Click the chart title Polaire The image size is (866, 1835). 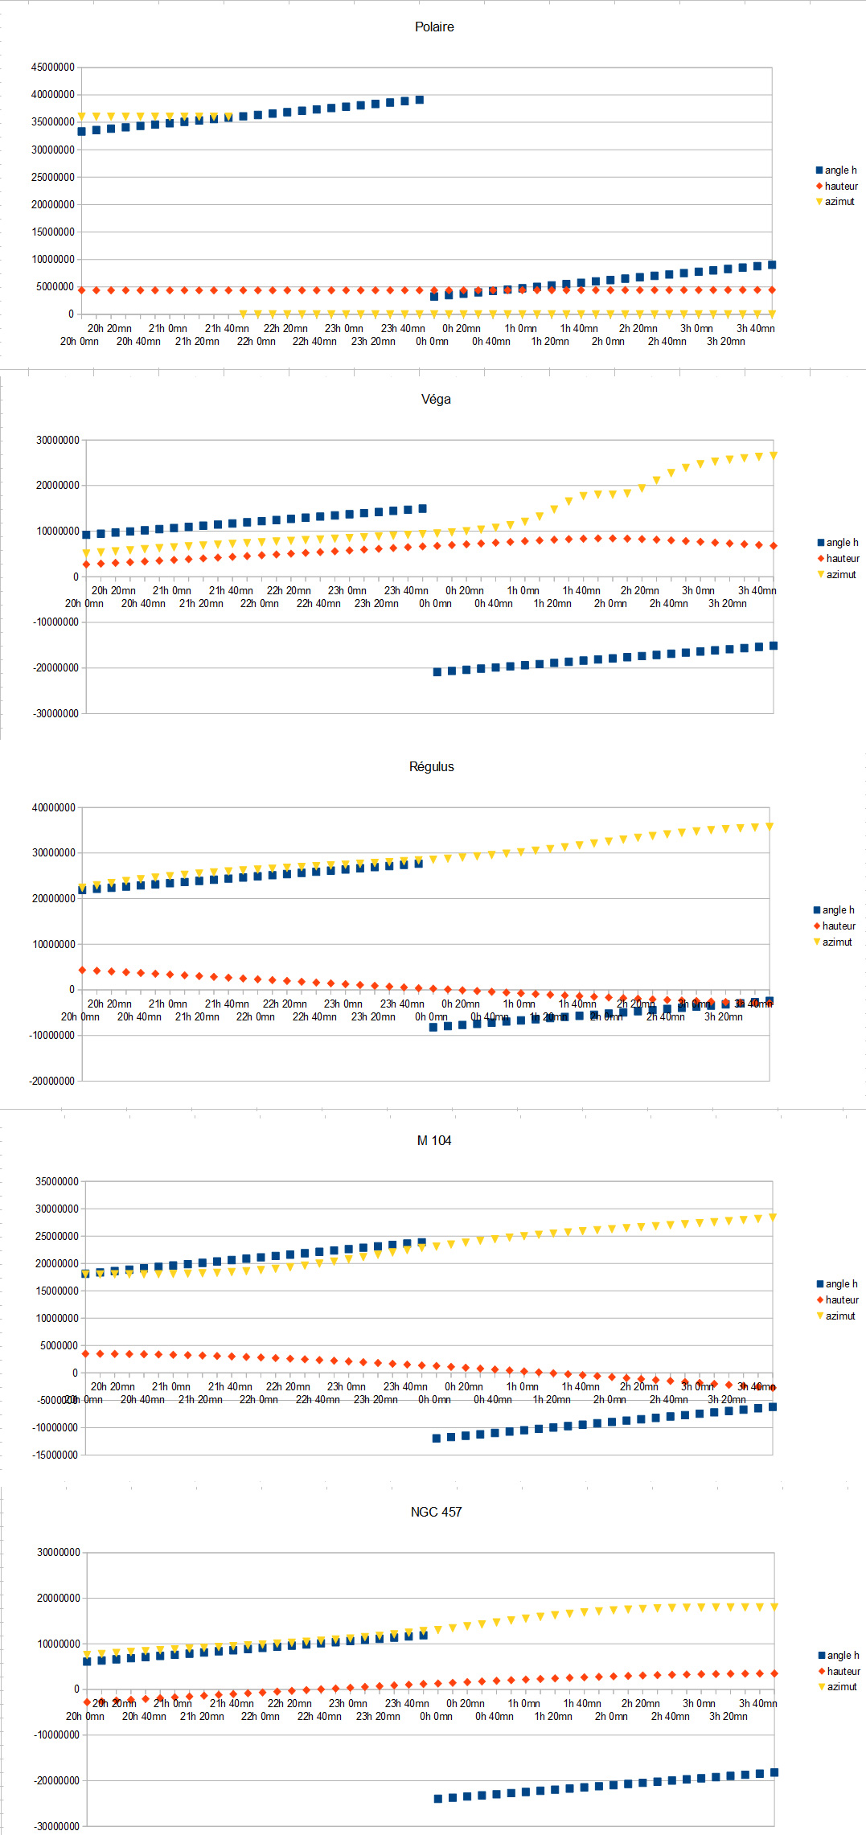[434, 27]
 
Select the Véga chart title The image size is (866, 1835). [436, 399]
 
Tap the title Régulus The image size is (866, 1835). [431, 766]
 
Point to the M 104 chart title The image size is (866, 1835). [434, 1140]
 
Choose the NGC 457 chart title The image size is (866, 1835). [436, 1512]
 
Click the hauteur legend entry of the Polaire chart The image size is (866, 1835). [841, 186]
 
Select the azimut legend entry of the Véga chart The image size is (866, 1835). [841, 574]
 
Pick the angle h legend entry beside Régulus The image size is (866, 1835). [838, 909]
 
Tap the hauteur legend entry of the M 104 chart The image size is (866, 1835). [842, 1299]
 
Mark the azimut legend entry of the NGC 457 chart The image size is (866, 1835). [842, 1686]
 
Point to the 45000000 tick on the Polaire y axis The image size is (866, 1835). [53, 67]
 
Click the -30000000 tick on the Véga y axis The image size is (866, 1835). [55, 713]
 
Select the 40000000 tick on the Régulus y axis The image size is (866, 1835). [54, 807]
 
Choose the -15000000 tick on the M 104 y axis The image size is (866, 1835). [55, 1455]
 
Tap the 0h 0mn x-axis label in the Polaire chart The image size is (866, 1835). [432, 341]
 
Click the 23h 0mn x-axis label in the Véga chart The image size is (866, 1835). [347, 590]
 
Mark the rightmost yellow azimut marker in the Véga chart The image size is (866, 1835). [774, 455]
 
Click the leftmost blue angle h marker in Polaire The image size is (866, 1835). [82, 131]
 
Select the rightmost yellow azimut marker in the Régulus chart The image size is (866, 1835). [770, 826]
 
